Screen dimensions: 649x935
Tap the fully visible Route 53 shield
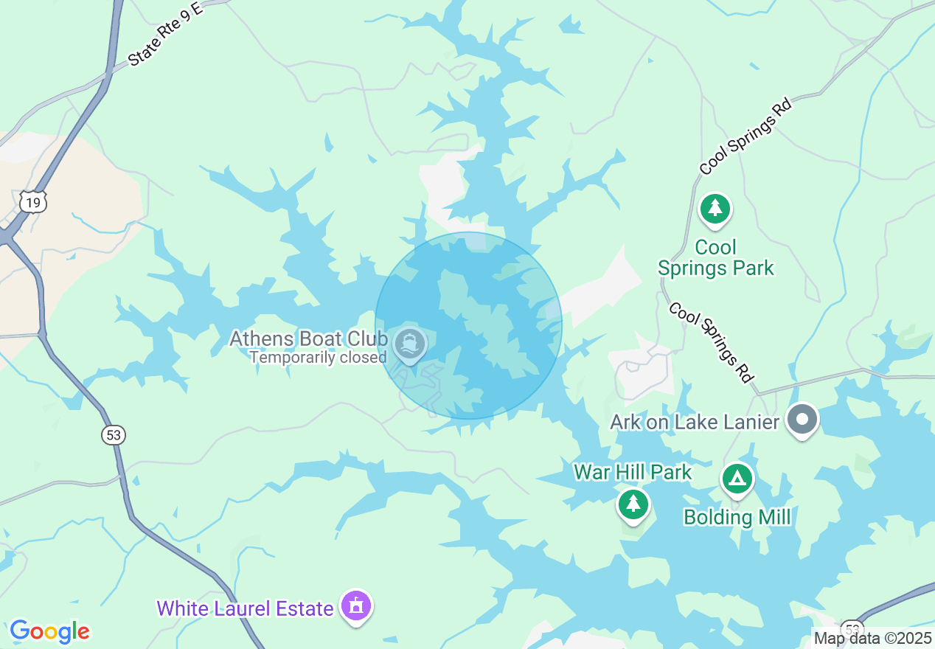click(113, 435)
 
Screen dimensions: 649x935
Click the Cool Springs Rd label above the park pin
click(745, 138)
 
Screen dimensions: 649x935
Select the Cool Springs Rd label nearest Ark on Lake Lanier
click(712, 342)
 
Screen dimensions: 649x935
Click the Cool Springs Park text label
click(716, 257)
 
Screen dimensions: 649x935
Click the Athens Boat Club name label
click(308, 339)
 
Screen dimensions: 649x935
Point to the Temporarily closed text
click(318, 358)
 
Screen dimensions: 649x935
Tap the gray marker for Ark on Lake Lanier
click(802, 420)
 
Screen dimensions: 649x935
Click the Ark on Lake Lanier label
click(695, 422)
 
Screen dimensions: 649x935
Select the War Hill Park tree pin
click(633, 505)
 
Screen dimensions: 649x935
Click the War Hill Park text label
click(633, 472)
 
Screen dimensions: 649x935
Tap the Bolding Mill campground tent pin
click(737, 479)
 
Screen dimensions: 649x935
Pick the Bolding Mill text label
click(737, 517)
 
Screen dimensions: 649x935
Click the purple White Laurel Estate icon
click(356, 607)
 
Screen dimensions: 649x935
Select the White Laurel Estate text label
click(245, 608)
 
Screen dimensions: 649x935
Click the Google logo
click(49, 631)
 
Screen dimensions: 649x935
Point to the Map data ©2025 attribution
click(872, 638)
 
